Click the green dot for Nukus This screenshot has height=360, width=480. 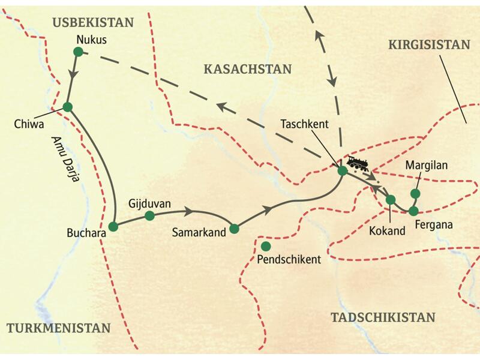point(77,52)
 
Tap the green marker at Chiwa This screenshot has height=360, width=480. point(67,107)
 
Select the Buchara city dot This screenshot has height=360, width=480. point(113,227)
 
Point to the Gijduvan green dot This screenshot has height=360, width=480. point(150,215)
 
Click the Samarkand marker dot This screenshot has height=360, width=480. point(235,228)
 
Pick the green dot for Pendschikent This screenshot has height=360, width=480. point(266,246)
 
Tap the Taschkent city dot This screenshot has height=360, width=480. point(342,171)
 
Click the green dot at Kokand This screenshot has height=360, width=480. point(391,200)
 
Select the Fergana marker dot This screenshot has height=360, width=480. point(413,211)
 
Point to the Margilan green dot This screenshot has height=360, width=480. point(415,193)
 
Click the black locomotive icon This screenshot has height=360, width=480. point(358,163)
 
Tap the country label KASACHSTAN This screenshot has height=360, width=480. point(247,69)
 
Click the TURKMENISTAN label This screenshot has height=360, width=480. point(59,328)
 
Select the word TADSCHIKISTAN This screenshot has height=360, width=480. point(382,317)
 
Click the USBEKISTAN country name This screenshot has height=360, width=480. point(92,23)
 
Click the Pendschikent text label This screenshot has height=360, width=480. point(289,260)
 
